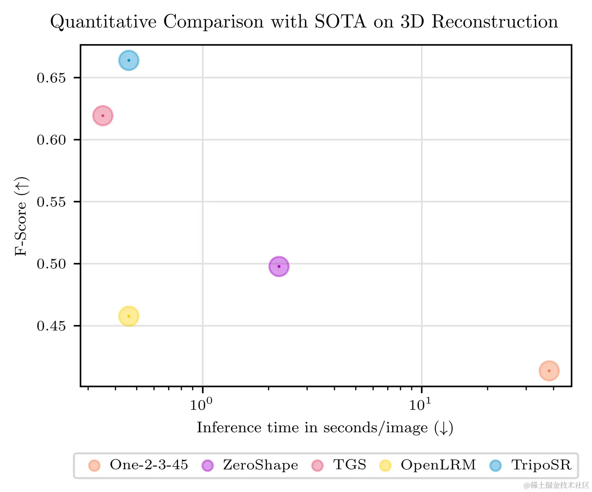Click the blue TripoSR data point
(x=129, y=60)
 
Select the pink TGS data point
(x=103, y=116)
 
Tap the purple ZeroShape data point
(x=279, y=267)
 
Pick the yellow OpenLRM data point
(x=129, y=316)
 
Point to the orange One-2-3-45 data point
(x=549, y=371)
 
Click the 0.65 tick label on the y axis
(x=51, y=78)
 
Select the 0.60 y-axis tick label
(x=51, y=140)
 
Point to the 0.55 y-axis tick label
(x=51, y=202)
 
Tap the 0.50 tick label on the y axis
(x=51, y=264)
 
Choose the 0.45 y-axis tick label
(x=51, y=326)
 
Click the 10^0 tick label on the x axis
(x=201, y=404)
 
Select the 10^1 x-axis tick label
(x=420, y=404)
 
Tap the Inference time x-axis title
(x=325, y=428)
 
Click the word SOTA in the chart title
(x=340, y=22)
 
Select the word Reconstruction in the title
(x=495, y=22)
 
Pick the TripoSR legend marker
(x=495, y=466)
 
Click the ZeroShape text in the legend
(x=260, y=465)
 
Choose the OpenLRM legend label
(x=438, y=465)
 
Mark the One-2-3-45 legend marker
(x=95, y=466)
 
